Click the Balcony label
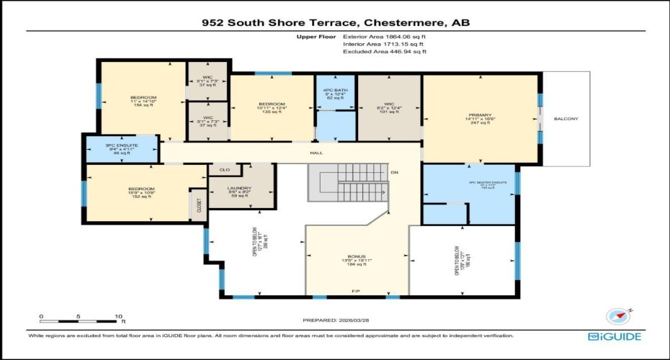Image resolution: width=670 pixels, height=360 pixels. [x=566, y=119]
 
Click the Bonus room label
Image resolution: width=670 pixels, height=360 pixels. [x=357, y=256]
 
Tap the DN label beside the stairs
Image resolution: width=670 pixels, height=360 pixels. [x=394, y=174]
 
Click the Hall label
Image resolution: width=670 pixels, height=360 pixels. [x=316, y=153]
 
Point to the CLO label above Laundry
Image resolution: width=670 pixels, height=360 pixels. [x=224, y=170]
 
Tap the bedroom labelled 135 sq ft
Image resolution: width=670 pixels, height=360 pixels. [x=272, y=104]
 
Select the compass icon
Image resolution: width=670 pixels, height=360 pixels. [x=619, y=318]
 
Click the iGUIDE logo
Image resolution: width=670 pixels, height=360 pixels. [x=614, y=336]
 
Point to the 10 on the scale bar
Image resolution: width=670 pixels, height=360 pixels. [x=120, y=316]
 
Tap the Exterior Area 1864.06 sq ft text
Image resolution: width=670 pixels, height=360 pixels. [x=384, y=35]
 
